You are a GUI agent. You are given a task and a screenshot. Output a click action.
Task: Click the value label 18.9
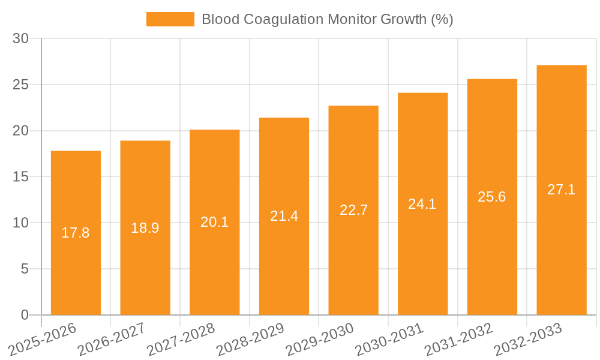coord(145,228)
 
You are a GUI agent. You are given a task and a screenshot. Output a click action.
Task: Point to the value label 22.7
coord(353,210)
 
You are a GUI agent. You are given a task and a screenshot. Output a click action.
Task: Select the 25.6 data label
coord(492,197)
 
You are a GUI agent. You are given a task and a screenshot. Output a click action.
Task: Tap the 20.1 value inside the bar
coord(214,222)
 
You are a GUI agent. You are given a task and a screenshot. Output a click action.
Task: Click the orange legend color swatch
coord(170,19)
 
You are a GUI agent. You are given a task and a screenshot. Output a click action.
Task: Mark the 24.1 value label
coord(422,204)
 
